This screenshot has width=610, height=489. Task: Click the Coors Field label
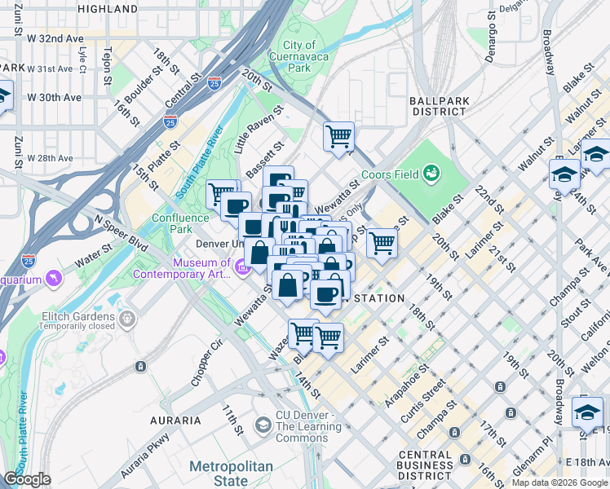396,174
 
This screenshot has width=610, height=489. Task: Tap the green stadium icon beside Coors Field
431,173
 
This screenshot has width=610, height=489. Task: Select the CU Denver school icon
263,425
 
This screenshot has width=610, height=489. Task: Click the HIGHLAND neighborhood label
108,9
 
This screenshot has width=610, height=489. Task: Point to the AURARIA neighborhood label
175,421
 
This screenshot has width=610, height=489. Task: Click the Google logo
27,480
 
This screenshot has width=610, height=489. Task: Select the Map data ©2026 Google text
559,482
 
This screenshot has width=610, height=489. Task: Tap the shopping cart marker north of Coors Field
338,136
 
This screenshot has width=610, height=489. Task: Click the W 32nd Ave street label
55,37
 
